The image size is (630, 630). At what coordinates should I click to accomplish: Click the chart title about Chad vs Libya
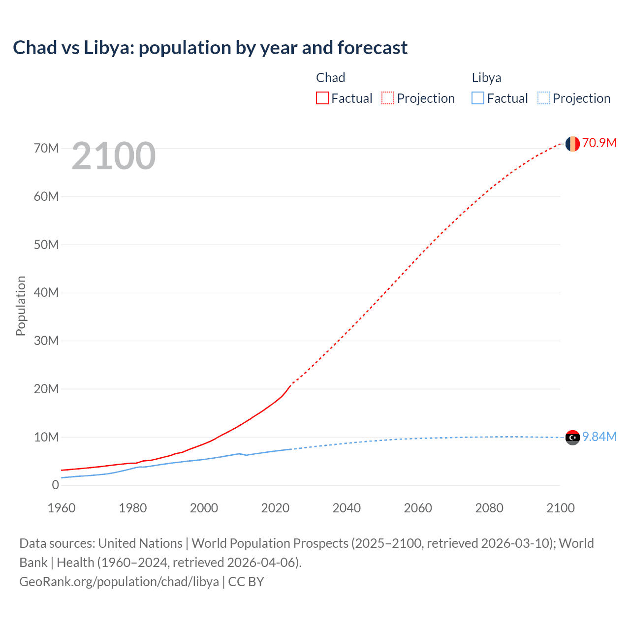tap(210, 48)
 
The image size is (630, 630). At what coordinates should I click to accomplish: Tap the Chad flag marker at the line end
tap(572, 144)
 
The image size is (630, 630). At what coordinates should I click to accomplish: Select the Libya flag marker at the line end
tap(572, 437)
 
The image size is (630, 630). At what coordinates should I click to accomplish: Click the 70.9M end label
tap(599, 143)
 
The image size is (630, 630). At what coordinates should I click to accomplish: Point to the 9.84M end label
tap(599, 437)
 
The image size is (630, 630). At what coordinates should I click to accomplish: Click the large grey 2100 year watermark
tap(114, 156)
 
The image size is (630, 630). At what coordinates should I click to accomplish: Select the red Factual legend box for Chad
tap(322, 98)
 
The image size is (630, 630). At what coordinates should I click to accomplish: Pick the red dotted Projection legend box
tap(388, 98)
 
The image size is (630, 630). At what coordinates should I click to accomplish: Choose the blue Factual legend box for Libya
tap(478, 98)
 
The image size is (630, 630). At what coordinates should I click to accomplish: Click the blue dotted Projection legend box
tap(543, 98)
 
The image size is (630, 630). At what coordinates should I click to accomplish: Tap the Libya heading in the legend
tap(486, 78)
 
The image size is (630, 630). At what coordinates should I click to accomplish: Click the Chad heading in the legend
tap(330, 78)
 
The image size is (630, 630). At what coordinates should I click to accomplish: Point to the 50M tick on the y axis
tap(46, 245)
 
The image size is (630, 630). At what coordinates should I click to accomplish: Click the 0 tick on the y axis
tap(55, 485)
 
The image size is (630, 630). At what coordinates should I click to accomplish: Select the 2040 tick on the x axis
tap(346, 508)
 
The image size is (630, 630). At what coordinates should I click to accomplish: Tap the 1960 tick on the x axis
tap(62, 508)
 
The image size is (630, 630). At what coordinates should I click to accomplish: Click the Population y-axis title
tap(21, 306)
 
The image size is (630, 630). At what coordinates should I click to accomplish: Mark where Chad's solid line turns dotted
tap(291, 384)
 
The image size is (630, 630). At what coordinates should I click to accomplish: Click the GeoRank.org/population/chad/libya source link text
tap(119, 582)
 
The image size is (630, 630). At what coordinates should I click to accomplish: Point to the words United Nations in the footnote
tap(140, 543)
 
